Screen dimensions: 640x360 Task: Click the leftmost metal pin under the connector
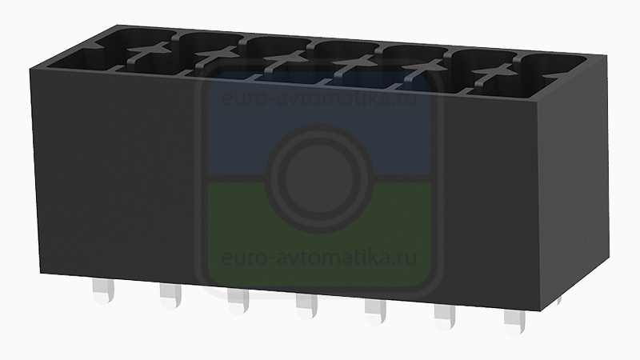(x=103, y=291)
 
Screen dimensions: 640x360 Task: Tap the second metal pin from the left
(x=170, y=296)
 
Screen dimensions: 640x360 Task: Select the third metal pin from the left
(x=238, y=302)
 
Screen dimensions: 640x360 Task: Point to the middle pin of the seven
(x=306, y=306)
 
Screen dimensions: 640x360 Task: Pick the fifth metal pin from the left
(x=375, y=312)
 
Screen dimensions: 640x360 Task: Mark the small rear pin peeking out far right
(x=558, y=301)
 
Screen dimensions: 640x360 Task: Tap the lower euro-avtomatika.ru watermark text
(x=319, y=258)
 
